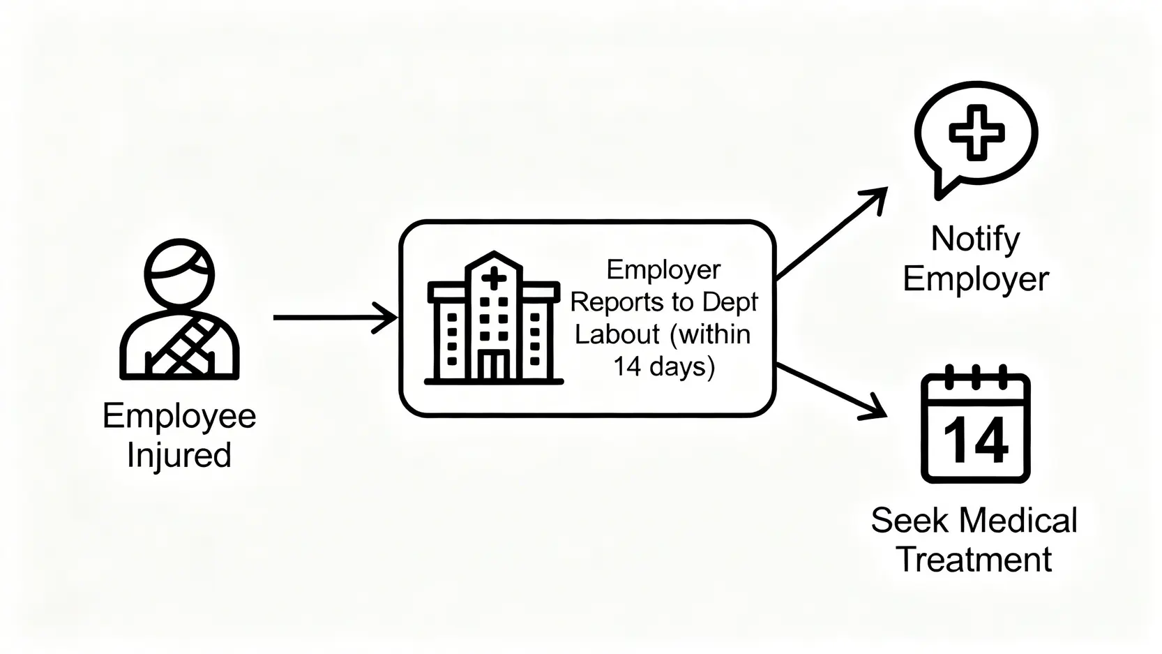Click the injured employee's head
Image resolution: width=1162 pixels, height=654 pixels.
click(x=179, y=274)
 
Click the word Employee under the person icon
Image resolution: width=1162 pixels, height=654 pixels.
click(x=179, y=416)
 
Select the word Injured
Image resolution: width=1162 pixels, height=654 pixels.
click(x=179, y=455)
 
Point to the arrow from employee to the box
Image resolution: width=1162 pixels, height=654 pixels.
click(x=335, y=318)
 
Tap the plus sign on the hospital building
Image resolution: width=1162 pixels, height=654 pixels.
click(x=494, y=279)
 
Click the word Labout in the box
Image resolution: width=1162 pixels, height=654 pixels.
click(x=617, y=334)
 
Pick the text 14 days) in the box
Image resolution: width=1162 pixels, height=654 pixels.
click(x=663, y=366)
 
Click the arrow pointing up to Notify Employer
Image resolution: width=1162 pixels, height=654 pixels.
click(x=831, y=233)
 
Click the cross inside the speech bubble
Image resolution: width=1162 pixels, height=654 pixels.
click(x=976, y=132)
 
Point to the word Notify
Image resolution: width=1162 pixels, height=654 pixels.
click(x=975, y=239)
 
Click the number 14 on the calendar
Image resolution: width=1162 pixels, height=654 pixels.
click(x=975, y=440)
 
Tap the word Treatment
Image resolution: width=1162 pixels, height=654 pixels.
click(x=974, y=560)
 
